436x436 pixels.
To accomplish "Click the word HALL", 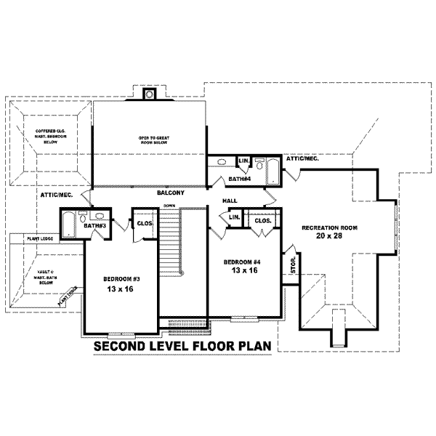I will (x=230, y=201).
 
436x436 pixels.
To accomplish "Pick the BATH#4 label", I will (x=239, y=178).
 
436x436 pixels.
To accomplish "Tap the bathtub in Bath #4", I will (x=272, y=171).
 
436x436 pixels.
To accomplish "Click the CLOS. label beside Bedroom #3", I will (x=143, y=224).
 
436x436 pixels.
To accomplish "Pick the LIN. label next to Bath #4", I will (x=243, y=161).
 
